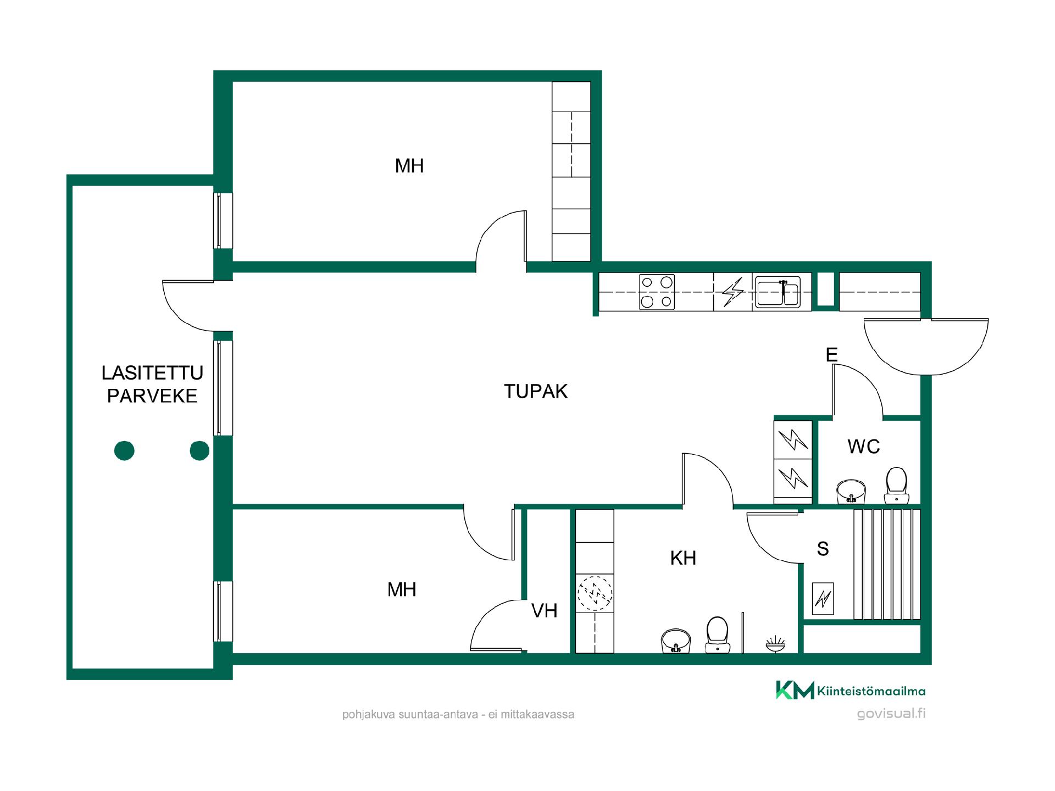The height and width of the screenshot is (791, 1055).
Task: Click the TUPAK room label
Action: (536, 391)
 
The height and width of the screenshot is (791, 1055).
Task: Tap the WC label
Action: (864, 447)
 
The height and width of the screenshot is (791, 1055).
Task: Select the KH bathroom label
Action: (683, 558)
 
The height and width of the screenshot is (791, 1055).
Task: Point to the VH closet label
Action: (544, 611)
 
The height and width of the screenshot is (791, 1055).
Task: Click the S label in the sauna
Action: (823, 549)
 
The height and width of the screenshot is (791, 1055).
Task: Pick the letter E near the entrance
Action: (832, 355)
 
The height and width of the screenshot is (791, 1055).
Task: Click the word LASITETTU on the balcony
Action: (152, 373)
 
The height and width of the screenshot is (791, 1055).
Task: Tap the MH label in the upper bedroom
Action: (409, 166)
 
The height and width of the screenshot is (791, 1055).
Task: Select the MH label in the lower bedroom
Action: (402, 590)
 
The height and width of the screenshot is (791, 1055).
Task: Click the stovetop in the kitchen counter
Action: (657, 292)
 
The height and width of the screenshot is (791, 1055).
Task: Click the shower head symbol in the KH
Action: (775, 644)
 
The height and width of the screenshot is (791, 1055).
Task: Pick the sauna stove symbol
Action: (823, 598)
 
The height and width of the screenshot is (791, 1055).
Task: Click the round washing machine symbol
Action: (595, 593)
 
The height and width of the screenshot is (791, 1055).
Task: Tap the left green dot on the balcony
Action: (124, 451)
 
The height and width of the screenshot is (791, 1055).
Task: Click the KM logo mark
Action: (795, 690)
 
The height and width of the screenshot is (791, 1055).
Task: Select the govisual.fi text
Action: (891, 714)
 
